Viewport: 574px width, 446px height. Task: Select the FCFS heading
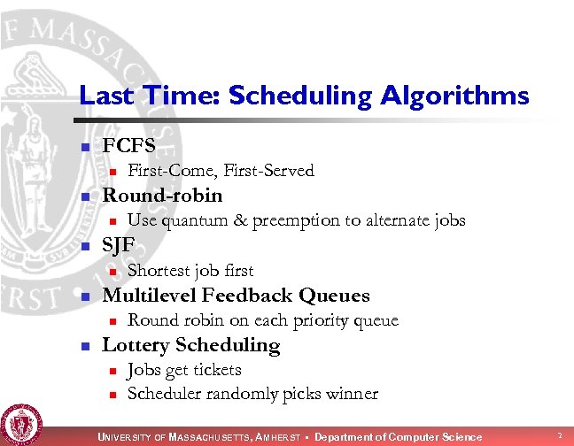129,145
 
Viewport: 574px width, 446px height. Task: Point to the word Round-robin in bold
162,196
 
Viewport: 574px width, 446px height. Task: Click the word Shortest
159,271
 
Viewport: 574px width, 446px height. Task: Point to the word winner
353,395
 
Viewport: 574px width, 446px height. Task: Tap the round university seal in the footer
19,423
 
